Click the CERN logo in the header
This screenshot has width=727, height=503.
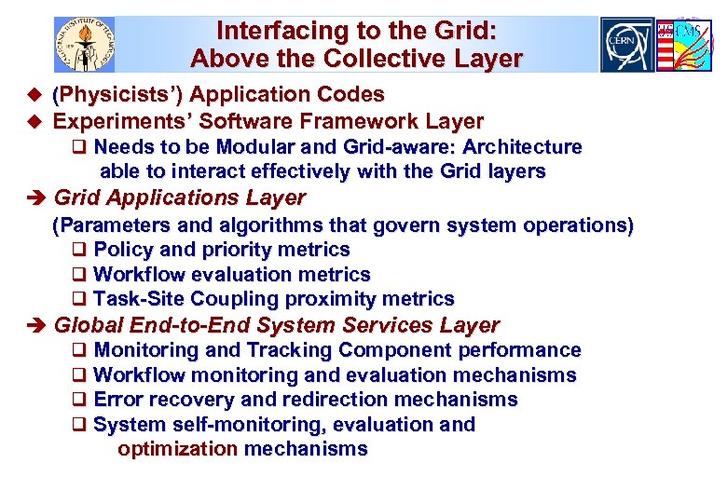click(x=627, y=44)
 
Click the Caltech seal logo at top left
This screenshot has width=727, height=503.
click(x=85, y=44)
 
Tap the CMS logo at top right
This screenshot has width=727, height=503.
click(x=683, y=44)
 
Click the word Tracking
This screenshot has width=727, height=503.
click(x=287, y=350)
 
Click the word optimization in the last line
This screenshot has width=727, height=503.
click(x=177, y=449)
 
